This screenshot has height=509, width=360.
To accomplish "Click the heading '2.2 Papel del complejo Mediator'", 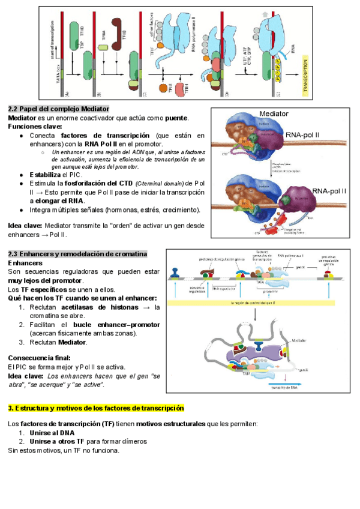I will point(58,109).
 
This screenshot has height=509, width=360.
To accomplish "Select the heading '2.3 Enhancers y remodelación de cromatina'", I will point(77,254).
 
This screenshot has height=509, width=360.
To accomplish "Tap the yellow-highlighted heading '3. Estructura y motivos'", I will point(96,408).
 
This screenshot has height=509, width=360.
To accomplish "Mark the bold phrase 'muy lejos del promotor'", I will point(45,281).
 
